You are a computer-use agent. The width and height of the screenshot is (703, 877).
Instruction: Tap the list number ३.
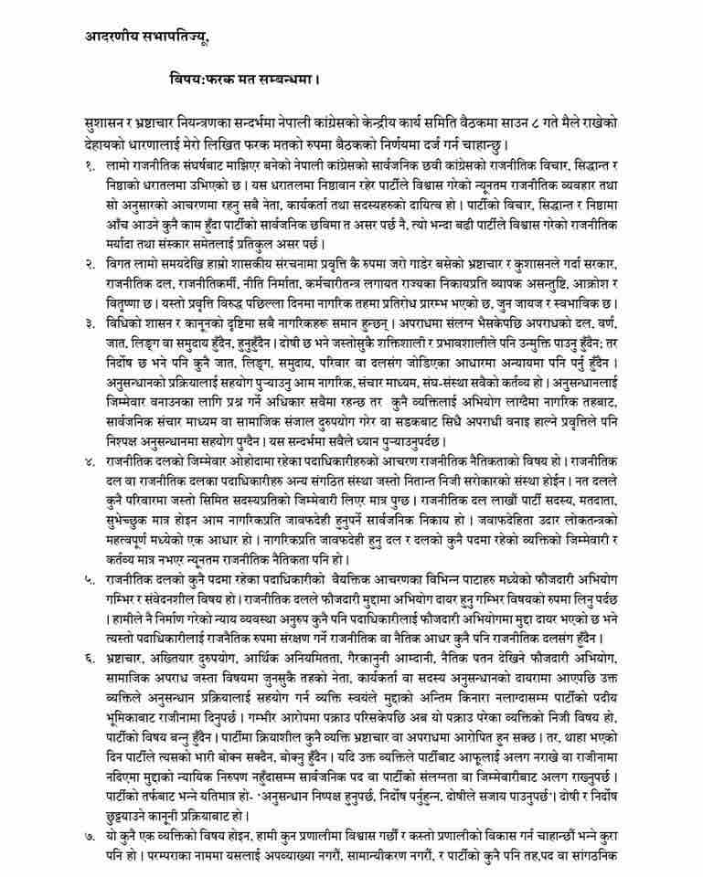(x=88, y=322)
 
